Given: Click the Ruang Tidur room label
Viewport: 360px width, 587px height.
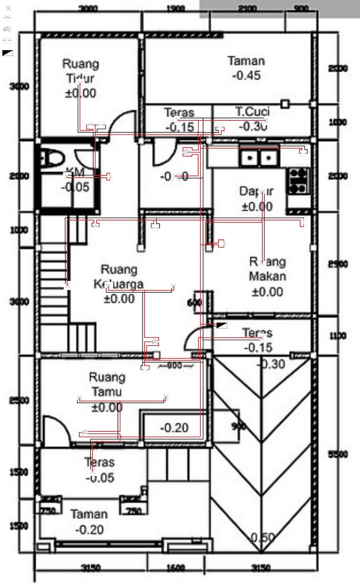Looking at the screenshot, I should [81, 71].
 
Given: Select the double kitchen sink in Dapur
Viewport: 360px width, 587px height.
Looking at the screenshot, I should [259, 158].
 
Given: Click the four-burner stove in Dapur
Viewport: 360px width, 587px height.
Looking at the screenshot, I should [298, 181].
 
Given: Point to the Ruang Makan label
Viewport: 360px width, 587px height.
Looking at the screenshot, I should [267, 269].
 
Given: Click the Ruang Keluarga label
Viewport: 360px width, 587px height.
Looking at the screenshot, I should [118, 277].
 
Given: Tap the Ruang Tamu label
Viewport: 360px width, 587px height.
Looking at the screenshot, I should [107, 384].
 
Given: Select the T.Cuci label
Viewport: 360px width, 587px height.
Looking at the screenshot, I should [252, 112].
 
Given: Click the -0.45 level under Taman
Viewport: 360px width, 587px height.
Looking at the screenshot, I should [246, 76].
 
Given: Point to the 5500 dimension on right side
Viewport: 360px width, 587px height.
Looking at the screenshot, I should [338, 454].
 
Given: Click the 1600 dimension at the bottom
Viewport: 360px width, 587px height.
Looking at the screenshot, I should [176, 568].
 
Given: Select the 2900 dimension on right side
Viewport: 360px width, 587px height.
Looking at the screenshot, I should [338, 264].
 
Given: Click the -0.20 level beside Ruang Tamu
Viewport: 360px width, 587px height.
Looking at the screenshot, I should [174, 428].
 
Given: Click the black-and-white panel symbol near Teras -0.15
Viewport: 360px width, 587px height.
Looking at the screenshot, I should [222, 325].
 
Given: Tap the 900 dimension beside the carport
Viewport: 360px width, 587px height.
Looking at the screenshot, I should [238, 426].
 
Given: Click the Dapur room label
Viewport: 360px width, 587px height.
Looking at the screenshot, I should [256, 191].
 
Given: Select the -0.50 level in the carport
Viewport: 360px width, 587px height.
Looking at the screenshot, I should [262, 538].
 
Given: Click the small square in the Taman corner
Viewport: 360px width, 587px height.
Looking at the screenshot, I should [285, 104].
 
